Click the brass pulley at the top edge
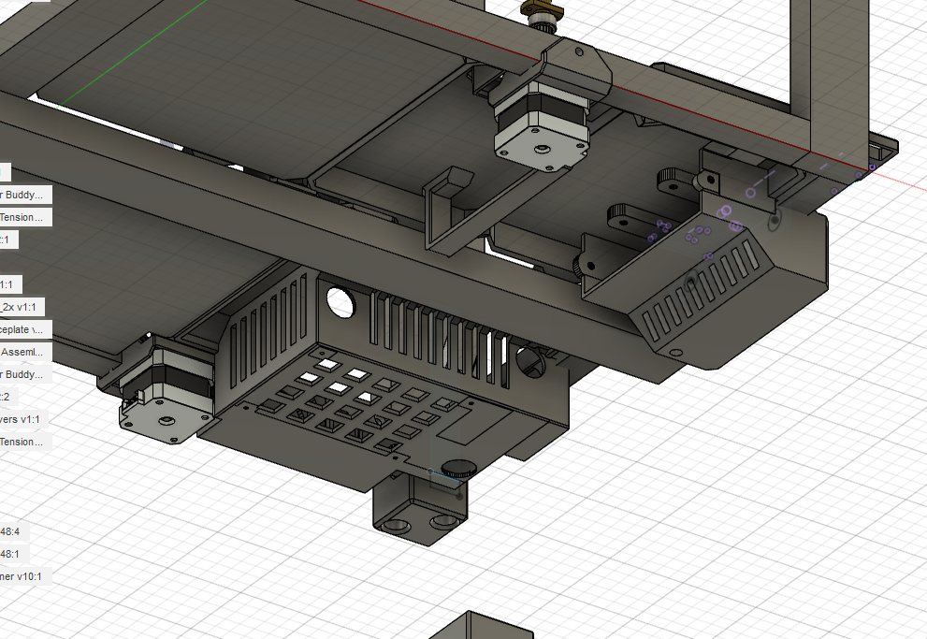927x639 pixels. click(540, 13)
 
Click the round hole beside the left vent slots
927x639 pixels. click(339, 301)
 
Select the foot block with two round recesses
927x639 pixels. click(421, 513)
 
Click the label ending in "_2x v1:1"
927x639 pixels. click(22, 307)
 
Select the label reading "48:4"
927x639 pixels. click(13, 531)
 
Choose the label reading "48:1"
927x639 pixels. click(13, 554)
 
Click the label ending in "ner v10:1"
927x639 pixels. click(21, 576)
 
